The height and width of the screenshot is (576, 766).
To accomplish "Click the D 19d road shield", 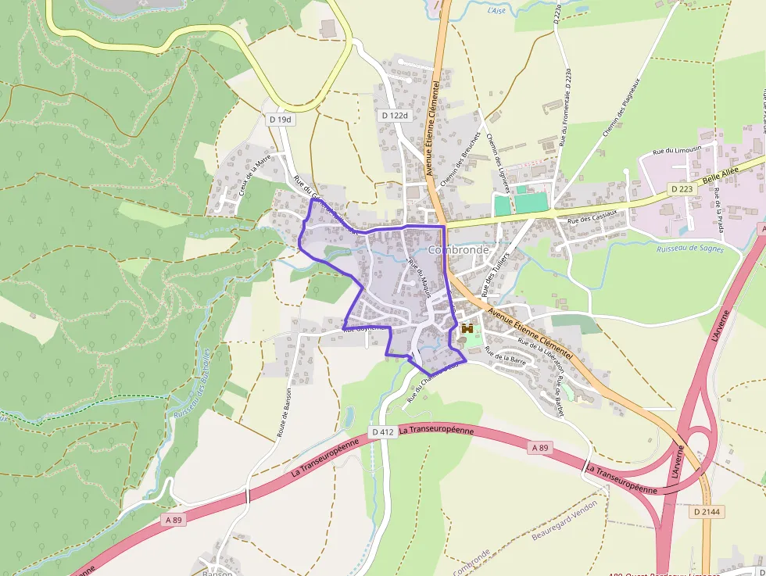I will [280, 120].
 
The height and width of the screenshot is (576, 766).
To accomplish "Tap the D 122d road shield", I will [396, 115].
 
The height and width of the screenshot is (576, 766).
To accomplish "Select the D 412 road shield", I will [382, 431].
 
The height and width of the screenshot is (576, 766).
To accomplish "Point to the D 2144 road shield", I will [707, 511].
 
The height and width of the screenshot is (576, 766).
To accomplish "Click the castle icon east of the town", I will [468, 329].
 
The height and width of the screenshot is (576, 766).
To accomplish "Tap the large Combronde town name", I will [458, 250].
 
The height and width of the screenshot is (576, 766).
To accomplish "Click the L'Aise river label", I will [496, 11].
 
